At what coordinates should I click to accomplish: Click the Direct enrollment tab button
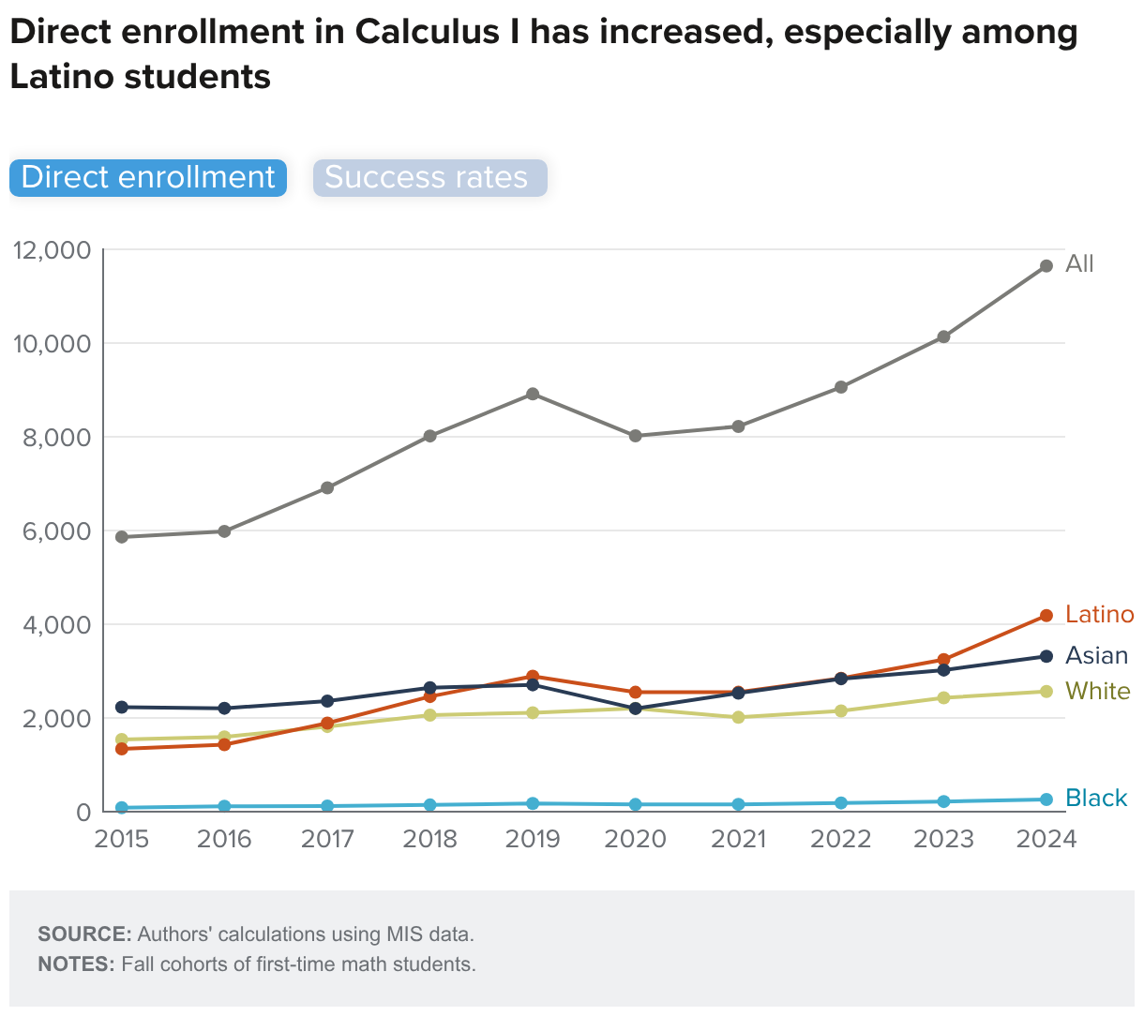click(148, 178)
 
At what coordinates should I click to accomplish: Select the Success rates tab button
click(429, 178)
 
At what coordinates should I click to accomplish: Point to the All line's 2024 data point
click(1046, 266)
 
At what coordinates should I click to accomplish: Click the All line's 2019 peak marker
click(533, 394)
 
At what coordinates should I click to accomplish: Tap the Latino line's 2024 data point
click(1046, 616)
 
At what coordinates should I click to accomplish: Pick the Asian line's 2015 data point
click(122, 707)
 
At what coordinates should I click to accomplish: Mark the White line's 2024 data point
click(1046, 692)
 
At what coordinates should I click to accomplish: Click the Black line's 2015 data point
click(122, 808)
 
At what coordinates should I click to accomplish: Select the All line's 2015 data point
click(122, 537)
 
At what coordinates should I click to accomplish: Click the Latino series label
click(1100, 615)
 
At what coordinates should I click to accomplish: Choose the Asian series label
click(1096, 656)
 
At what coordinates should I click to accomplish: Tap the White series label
click(1098, 692)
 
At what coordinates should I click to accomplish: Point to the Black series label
click(1096, 799)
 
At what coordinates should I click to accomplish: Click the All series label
click(1079, 264)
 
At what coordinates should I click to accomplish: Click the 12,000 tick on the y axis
click(52, 250)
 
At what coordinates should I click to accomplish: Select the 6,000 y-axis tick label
click(53, 531)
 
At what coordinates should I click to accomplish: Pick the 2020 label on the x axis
click(636, 839)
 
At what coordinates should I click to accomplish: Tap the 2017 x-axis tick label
click(327, 839)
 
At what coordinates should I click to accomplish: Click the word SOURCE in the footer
click(84, 934)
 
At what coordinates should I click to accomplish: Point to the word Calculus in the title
click(441, 33)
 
